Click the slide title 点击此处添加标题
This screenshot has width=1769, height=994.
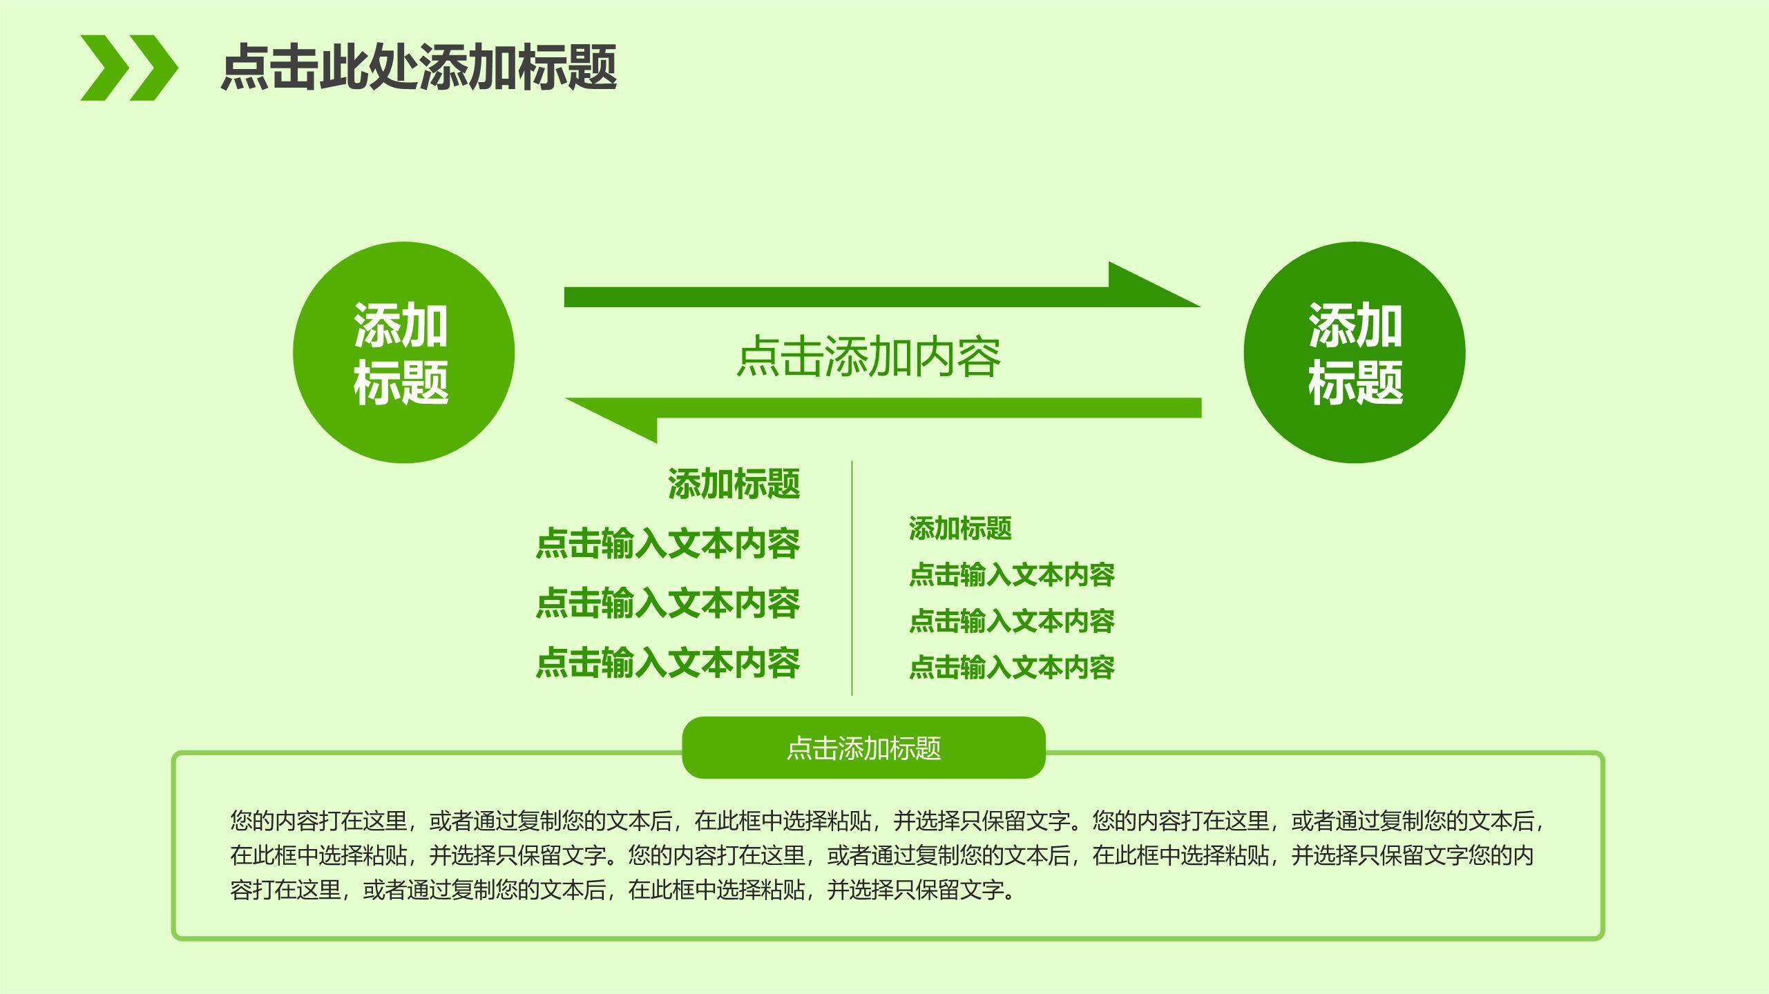(419, 67)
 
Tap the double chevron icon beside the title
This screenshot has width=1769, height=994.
(129, 68)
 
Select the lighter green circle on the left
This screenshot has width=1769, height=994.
(403, 352)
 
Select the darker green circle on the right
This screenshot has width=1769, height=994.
(1354, 352)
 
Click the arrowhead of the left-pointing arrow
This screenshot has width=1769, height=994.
(615, 418)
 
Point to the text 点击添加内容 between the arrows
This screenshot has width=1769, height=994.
(869, 357)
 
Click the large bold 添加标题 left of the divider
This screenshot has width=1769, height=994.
(734, 484)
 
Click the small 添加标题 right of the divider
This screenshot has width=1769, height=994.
(960, 529)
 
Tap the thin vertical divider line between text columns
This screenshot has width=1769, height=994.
(852, 578)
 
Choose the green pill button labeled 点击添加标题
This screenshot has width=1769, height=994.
(863, 748)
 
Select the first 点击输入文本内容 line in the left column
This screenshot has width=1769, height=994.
(668, 544)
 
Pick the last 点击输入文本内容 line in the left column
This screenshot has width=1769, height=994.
(668, 663)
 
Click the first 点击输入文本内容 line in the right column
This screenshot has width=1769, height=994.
(1011, 575)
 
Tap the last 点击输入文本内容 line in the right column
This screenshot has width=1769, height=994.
(1011, 667)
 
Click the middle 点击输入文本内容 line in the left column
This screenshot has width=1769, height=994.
(668, 603)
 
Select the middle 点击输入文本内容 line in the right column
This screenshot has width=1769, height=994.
(1011, 621)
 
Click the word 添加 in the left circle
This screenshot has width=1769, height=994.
(401, 325)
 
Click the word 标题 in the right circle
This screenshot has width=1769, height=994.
(1355, 382)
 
